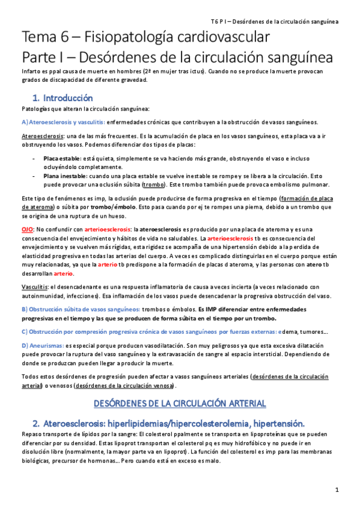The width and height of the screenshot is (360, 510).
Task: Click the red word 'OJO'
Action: [28, 229]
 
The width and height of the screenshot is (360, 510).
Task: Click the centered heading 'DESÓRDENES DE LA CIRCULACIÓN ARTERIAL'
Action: [180, 402]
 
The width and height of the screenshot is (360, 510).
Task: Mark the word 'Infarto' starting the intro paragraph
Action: [31, 72]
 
